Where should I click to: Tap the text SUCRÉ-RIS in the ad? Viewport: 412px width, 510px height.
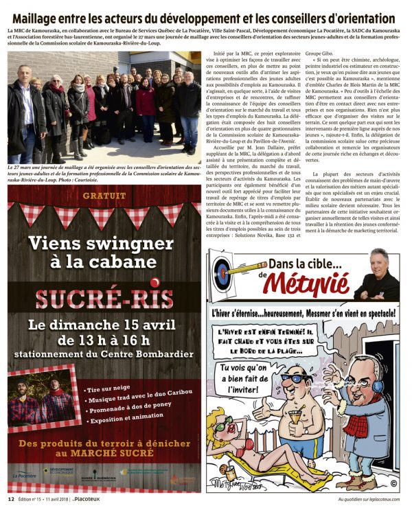pos(104,299)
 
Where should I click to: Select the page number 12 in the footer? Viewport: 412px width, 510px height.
pos(11,499)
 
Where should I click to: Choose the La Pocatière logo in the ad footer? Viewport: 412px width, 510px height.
pos(25,474)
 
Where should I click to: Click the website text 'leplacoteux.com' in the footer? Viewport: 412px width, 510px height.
pos(380,499)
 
